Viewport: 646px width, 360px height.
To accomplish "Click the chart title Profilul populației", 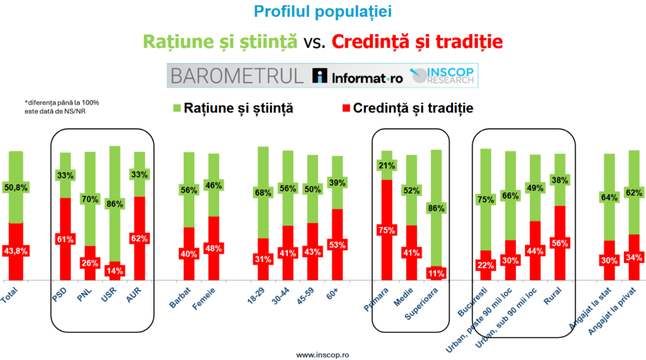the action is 322,12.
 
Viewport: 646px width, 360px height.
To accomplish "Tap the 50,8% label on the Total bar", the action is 16,188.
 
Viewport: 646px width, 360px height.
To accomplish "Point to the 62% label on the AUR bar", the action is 139,238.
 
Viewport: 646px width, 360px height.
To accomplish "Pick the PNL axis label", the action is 85,294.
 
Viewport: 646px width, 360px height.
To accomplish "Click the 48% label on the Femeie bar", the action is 213,248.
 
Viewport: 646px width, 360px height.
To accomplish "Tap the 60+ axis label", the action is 332,294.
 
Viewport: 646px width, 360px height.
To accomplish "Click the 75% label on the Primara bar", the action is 387,230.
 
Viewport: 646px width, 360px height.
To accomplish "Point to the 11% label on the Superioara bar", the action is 436,273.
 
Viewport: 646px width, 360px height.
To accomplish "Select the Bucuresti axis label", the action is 472,302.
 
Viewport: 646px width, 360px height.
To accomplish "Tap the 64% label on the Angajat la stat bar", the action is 609,198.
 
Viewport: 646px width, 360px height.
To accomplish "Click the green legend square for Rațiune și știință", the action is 177,108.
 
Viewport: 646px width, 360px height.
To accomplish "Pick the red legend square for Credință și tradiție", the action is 346,108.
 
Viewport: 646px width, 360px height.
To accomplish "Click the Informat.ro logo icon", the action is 319,76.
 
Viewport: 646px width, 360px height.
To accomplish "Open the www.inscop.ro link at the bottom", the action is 322,355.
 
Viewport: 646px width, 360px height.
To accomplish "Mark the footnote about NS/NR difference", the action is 62,107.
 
